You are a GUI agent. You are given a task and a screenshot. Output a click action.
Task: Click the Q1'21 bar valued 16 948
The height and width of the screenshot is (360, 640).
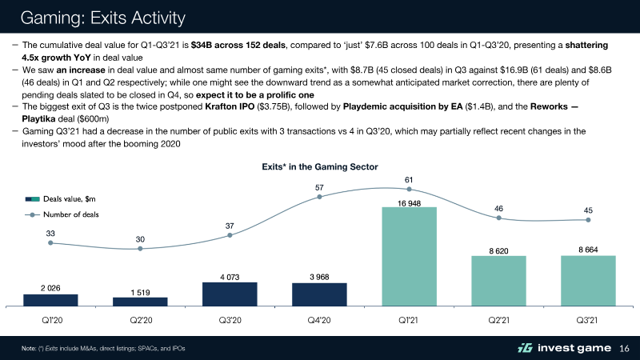click(409, 256)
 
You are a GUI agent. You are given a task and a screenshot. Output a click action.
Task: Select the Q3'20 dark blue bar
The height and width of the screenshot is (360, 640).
click(230, 294)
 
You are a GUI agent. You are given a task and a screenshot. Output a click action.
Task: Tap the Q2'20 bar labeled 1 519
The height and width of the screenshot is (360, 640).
click(140, 302)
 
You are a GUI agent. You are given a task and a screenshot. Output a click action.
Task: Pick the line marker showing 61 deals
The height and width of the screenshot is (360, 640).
click(409, 190)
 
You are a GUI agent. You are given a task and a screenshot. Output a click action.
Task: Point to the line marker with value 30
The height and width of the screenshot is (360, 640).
click(140, 249)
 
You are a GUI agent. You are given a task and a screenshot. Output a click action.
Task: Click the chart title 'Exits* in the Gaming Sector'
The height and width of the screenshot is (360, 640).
click(319, 166)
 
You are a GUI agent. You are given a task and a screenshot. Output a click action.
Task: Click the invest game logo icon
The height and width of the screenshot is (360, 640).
click(525, 348)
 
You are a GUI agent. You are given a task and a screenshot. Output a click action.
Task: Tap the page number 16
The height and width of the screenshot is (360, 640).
click(626, 348)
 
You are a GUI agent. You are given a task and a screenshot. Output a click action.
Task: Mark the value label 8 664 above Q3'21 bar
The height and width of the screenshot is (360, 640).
click(588, 250)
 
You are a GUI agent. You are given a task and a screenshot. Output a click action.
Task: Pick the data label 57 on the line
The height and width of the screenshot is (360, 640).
click(319, 188)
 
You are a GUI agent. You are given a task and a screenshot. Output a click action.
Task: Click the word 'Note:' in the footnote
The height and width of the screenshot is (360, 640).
click(31, 348)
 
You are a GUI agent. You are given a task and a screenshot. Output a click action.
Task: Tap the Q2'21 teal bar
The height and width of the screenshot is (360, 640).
click(498, 281)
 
